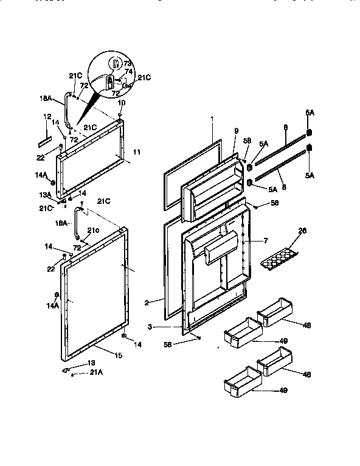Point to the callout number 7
coord(265,242)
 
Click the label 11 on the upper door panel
coord(136,151)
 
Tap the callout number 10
coord(121,103)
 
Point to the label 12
coord(47,116)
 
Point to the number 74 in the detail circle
coord(128,71)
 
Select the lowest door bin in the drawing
coord(243,381)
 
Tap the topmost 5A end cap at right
coord(309,133)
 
